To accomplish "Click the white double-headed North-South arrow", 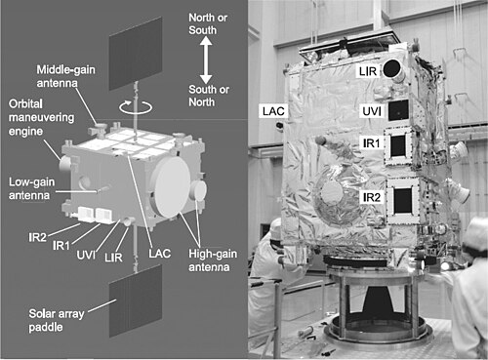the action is (206, 60).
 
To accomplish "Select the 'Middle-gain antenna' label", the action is (65, 76).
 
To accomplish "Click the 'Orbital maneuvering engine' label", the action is (41, 117).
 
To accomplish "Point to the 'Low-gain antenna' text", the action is (31, 188).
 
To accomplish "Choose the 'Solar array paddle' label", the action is (57, 320).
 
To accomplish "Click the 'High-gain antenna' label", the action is (213, 260).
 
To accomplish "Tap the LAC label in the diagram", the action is (160, 254).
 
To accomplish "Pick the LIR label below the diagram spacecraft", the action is (113, 258).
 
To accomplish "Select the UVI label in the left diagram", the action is (86, 255).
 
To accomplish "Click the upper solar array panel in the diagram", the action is (136, 54).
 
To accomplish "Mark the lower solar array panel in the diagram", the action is (136, 300).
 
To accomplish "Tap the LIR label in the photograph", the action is (368, 71).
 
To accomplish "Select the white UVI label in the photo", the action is (372, 111).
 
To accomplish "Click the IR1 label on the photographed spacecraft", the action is (371, 143).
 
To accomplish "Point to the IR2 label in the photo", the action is (372, 197).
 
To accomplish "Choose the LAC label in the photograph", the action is (273, 111).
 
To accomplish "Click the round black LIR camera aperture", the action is (391, 68).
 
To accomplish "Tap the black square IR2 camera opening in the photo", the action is (403, 201).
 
